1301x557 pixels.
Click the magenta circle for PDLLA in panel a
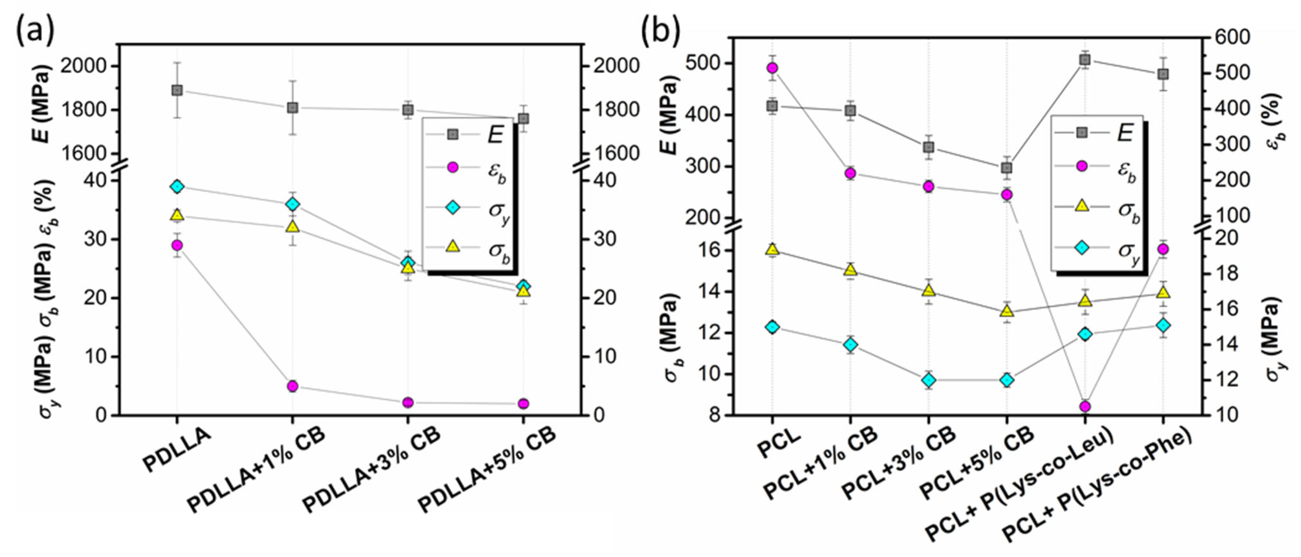point(177,245)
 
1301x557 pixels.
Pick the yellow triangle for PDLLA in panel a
point(177,215)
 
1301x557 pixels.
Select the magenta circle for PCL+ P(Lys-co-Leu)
point(1085,406)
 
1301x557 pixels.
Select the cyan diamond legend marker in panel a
point(453,207)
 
